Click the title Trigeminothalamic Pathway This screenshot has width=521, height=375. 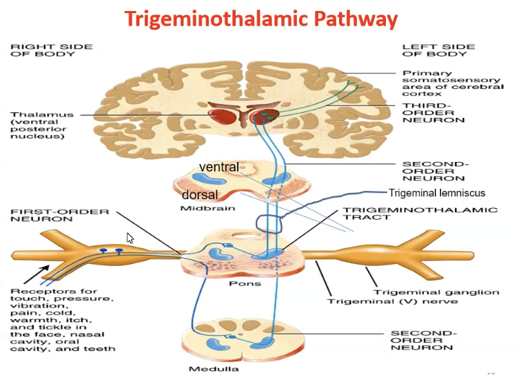(x=260, y=18)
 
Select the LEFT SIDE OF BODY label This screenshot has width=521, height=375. (x=438, y=51)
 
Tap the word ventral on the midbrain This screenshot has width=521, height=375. (x=218, y=167)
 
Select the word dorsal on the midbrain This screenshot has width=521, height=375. (x=199, y=195)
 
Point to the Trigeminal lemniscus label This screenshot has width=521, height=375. (x=437, y=193)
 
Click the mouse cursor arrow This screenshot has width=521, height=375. (x=130, y=238)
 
